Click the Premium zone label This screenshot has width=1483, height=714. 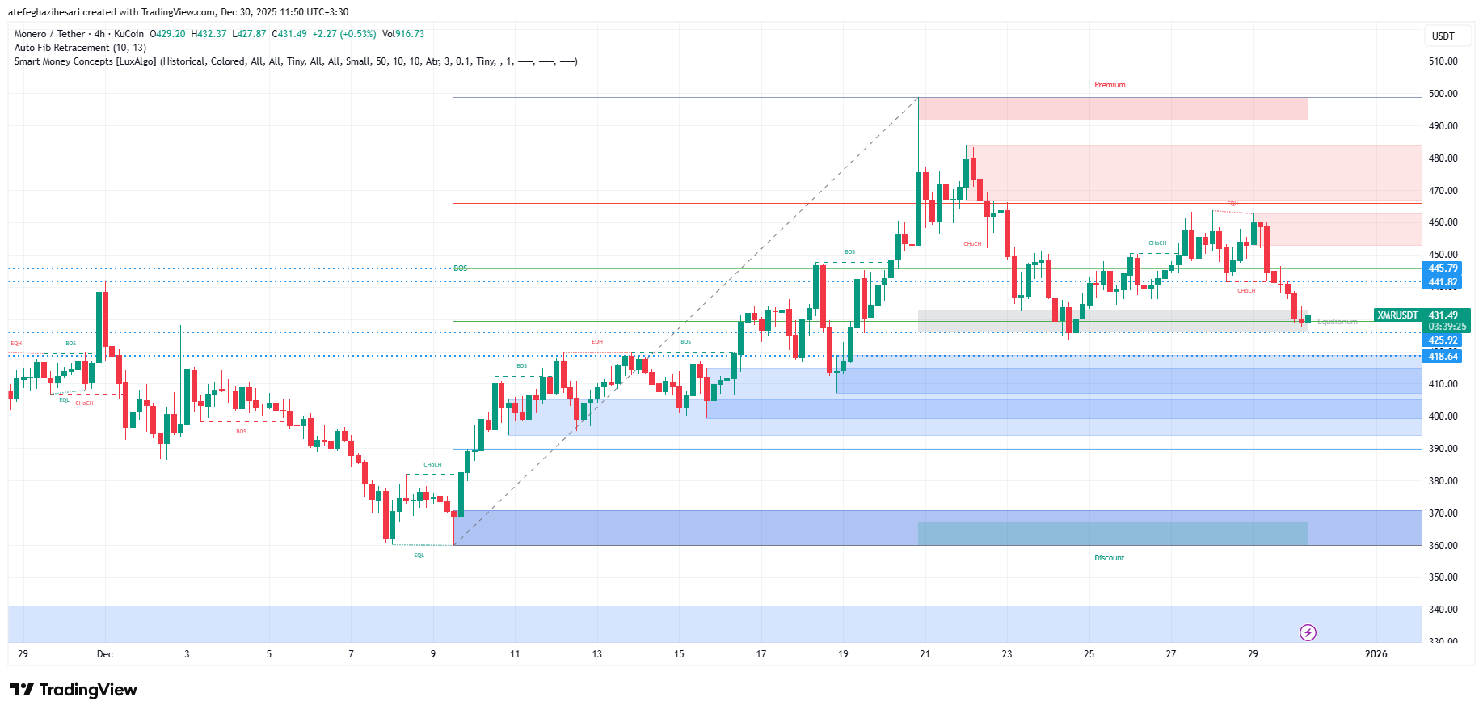[1109, 85]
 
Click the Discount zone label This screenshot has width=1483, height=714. [1109, 558]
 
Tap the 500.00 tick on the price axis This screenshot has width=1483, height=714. [1443, 94]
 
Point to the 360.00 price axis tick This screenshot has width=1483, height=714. [1443, 546]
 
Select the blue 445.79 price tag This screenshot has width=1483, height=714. [1443, 268]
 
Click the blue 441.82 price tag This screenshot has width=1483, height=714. [1443, 282]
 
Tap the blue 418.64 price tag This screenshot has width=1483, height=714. [1443, 357]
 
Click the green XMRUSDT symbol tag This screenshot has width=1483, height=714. [1397, 315]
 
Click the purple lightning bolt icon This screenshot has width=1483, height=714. [1308, 632]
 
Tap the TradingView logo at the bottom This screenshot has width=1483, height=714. [74, 690]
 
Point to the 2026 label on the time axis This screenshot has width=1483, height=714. [1376, 654]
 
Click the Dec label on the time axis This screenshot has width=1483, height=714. [104, 654]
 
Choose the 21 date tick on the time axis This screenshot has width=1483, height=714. [925, 654]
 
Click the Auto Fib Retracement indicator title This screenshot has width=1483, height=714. [80, 48]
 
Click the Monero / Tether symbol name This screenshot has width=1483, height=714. [49, 34]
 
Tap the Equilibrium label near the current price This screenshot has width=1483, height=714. [1337, 322]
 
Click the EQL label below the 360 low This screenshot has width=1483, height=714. [419, 556]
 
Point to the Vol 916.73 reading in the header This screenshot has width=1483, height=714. [402, 34]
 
